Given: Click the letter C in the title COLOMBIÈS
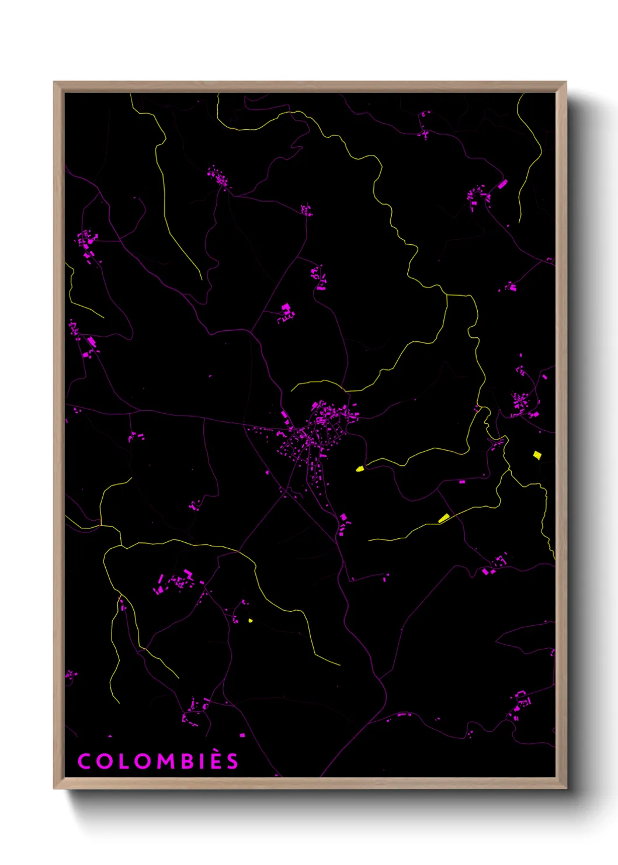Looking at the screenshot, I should [84, 762].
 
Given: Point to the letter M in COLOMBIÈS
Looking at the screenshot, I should [165, 762].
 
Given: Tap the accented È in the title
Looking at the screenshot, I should [216, 760].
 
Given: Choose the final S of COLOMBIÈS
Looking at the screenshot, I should [233, 762].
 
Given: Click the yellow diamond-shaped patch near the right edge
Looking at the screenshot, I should [537, 454].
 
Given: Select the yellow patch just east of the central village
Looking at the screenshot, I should [360, 468].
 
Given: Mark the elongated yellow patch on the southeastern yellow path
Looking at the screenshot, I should [444, 518].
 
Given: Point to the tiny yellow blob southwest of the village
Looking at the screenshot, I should [251, 620].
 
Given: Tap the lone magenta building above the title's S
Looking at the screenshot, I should [242, 735].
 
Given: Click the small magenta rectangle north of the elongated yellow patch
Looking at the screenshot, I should [462, 482].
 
